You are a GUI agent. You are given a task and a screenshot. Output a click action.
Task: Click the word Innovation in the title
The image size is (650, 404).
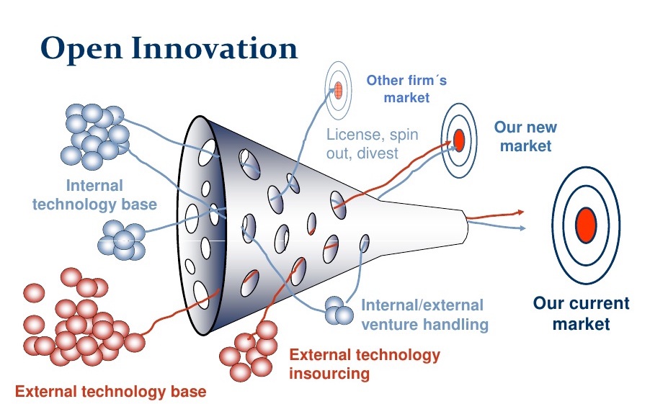[215, 48]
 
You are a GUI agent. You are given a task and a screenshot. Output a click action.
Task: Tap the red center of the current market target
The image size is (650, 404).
[586, 225]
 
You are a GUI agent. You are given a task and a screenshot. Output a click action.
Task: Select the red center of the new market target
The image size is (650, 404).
[459, 140]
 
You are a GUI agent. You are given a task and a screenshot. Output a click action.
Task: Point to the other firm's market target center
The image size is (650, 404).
[338, 90]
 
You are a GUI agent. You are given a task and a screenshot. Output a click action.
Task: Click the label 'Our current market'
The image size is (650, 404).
[582, 313]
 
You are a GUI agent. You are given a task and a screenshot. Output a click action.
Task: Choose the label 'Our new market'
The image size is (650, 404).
[525, 136]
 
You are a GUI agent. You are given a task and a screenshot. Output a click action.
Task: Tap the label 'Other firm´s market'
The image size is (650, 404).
[406, 89]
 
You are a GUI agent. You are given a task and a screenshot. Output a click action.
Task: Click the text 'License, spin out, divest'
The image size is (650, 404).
[373, 144]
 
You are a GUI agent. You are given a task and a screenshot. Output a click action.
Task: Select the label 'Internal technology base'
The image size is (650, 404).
[94, 194]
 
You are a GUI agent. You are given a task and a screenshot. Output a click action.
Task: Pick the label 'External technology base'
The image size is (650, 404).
[111, 391]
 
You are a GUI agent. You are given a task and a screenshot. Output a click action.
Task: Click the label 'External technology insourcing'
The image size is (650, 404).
[365, 364]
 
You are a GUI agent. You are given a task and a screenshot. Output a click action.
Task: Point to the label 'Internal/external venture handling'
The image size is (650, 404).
[424, 315]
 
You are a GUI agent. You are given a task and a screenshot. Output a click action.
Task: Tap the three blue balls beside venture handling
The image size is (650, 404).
[339, 310]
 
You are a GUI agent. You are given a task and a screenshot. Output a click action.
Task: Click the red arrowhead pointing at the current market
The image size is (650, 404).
[520, 212]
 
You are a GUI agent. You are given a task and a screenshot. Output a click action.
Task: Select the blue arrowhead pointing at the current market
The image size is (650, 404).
[522, 228]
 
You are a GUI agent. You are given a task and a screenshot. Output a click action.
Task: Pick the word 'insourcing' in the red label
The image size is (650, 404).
[329, 373]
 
